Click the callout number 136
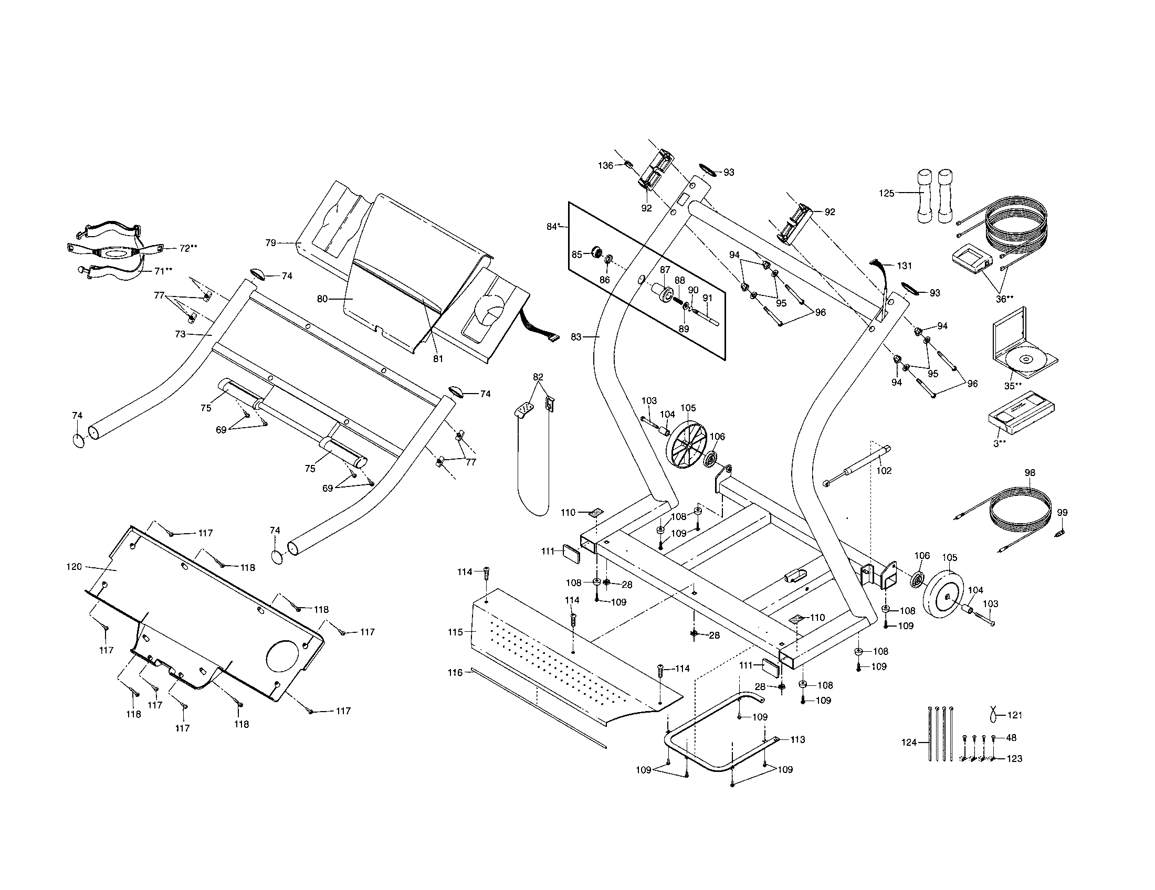605,165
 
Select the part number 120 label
74,567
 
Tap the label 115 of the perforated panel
455,632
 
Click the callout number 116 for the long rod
455,672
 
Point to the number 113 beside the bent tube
797,739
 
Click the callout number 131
905,266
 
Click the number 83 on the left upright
576,336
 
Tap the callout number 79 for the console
270,242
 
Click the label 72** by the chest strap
188,248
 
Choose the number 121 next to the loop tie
1014,715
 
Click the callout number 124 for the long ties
909,743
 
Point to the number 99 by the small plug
1062,513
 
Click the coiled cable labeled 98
1021,510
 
